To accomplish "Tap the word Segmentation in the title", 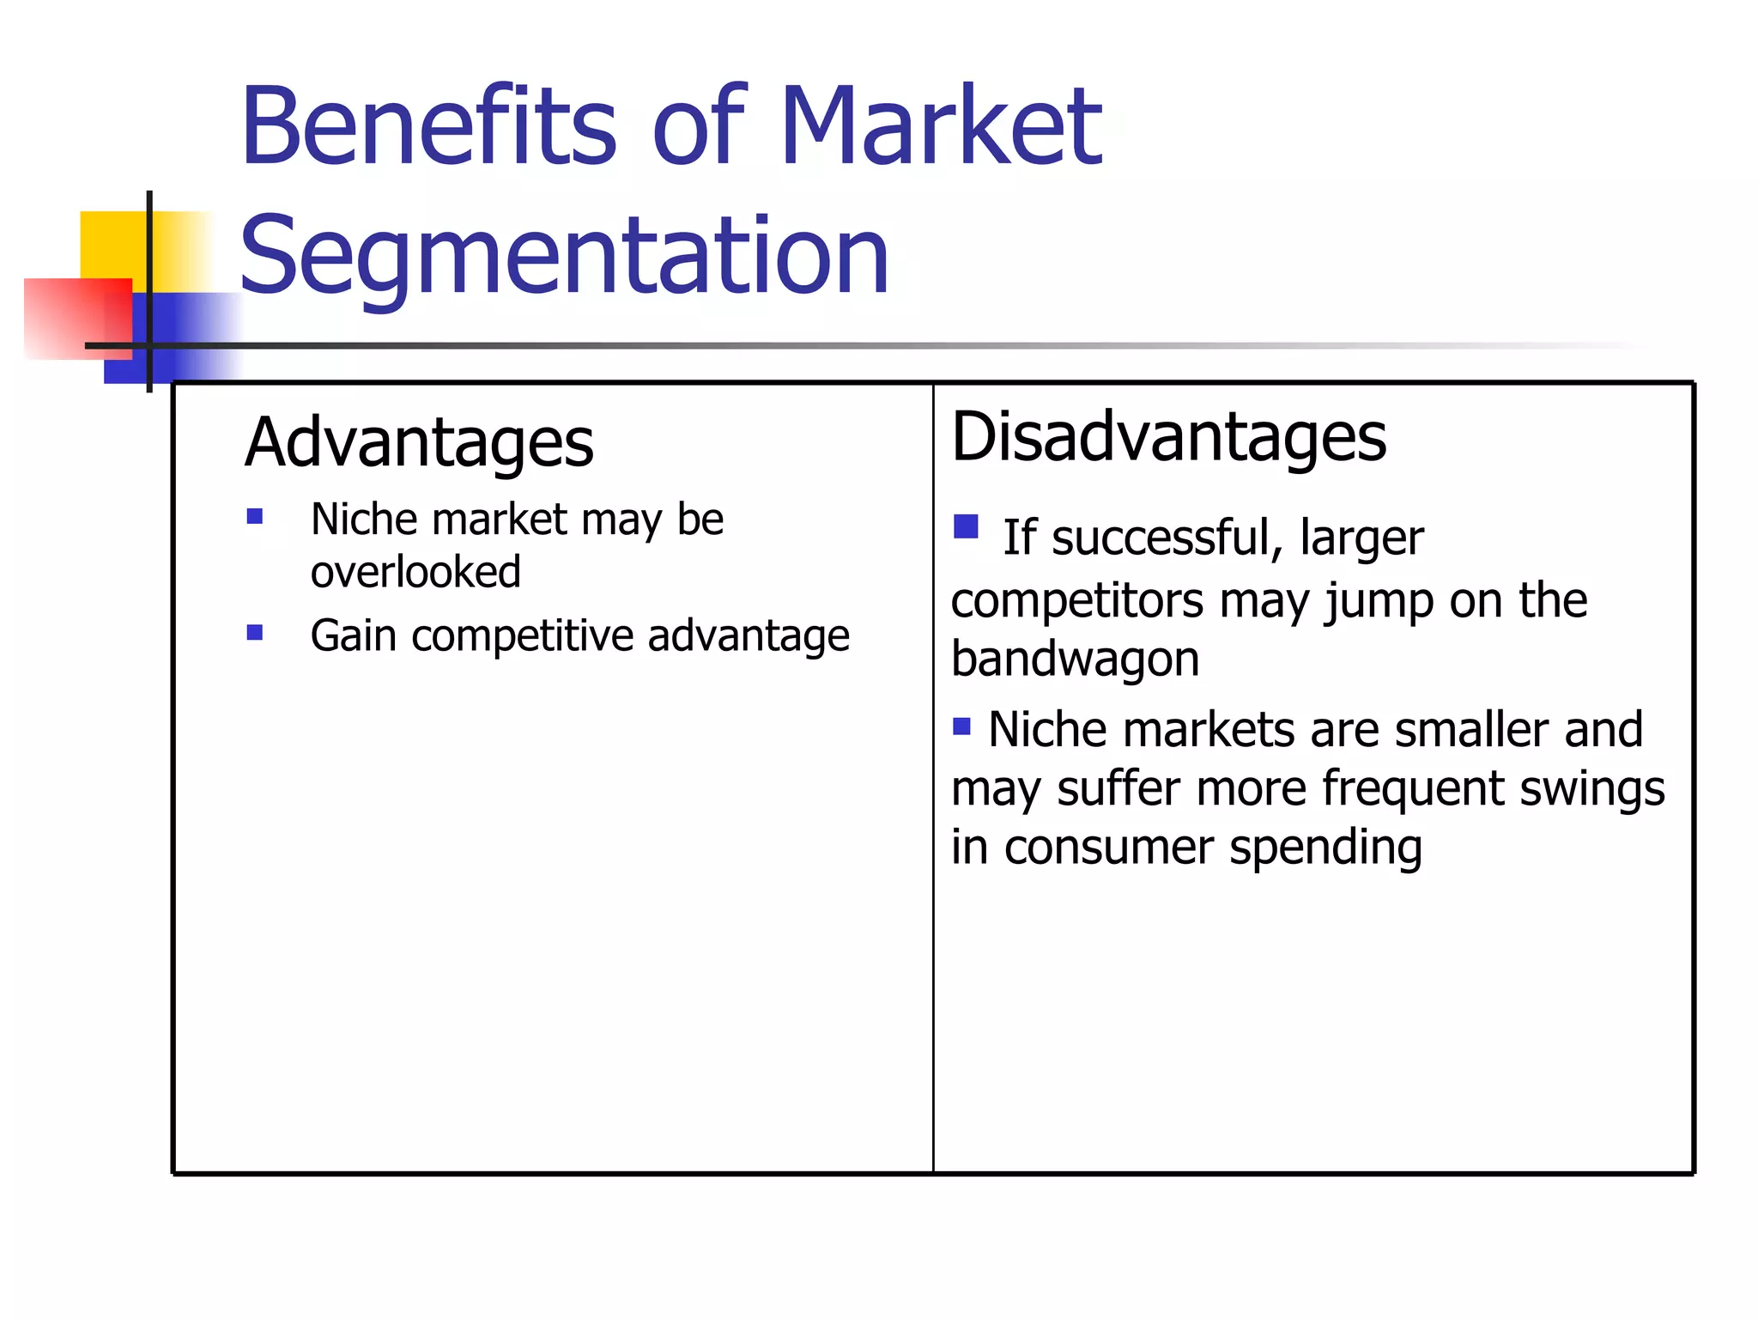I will click(564, 255).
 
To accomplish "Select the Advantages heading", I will click(419, 442).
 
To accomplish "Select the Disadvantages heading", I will click(1168, 437).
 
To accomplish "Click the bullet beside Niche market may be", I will click(254, 516).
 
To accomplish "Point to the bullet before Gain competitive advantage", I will click(254, 633).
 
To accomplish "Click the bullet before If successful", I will click(966, 526).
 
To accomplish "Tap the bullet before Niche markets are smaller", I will click(961, 727).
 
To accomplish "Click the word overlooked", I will click(415, 572).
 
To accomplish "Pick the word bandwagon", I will click(1075, 659).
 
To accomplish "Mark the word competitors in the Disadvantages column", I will click(1077, 600).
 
